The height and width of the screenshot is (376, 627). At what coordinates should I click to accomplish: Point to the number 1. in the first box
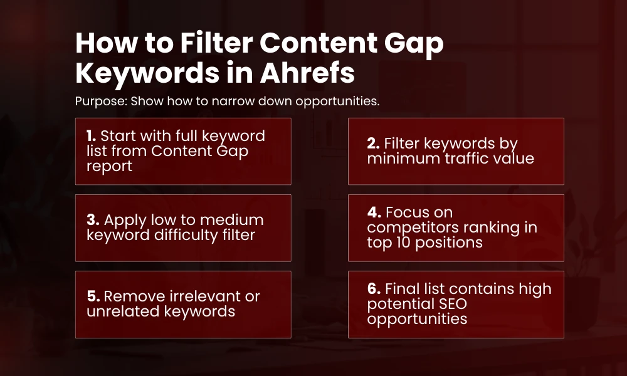tap(90, 136)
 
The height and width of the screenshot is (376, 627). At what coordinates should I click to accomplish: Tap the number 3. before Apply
tap(92, 220)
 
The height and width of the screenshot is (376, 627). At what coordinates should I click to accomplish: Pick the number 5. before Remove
tap(92, 296)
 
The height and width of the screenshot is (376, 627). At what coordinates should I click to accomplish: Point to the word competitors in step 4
tap(413, 227)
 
